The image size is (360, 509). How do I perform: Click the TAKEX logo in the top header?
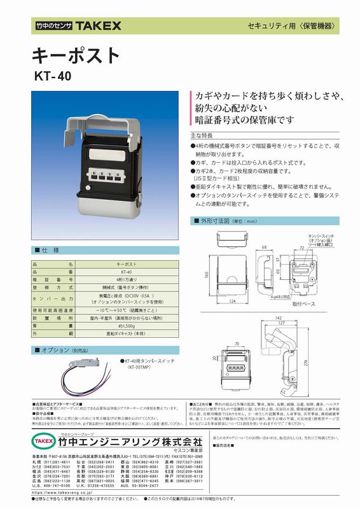(x=96, y=26)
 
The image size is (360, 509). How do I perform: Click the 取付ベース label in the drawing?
(x=304, y=304)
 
